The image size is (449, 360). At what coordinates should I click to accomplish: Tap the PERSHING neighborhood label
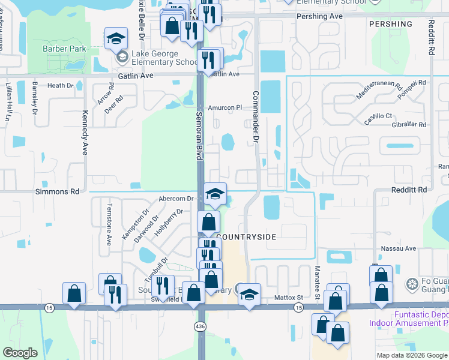(x=391, y=24)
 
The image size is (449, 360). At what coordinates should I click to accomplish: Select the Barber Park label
(x=64, y=49)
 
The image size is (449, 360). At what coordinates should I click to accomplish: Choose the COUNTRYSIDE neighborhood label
(x=246, y=237)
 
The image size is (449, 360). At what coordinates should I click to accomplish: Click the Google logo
(x=20, y=353)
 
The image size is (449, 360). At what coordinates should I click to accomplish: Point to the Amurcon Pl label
(x=224, y=108)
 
